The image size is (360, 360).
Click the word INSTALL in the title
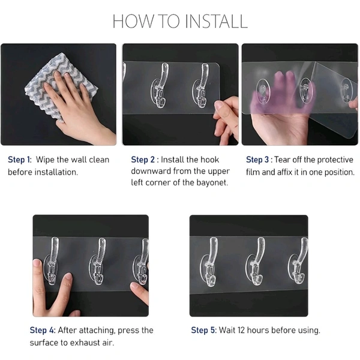[x=216, y=21]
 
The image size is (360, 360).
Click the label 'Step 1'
[x=19, y=160]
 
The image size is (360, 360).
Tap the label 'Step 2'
[x=143, y=160]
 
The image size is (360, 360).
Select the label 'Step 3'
[x=257, y=160]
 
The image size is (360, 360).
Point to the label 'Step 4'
[x=43, y=330]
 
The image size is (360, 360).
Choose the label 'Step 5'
[x=203, y=330]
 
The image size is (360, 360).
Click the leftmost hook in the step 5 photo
[x=210, y=262]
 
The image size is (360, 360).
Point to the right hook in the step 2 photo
[x=202, y=85]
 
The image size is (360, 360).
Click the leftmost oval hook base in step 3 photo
[x=263, y=91]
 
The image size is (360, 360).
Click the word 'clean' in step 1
[x=99, y=160]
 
